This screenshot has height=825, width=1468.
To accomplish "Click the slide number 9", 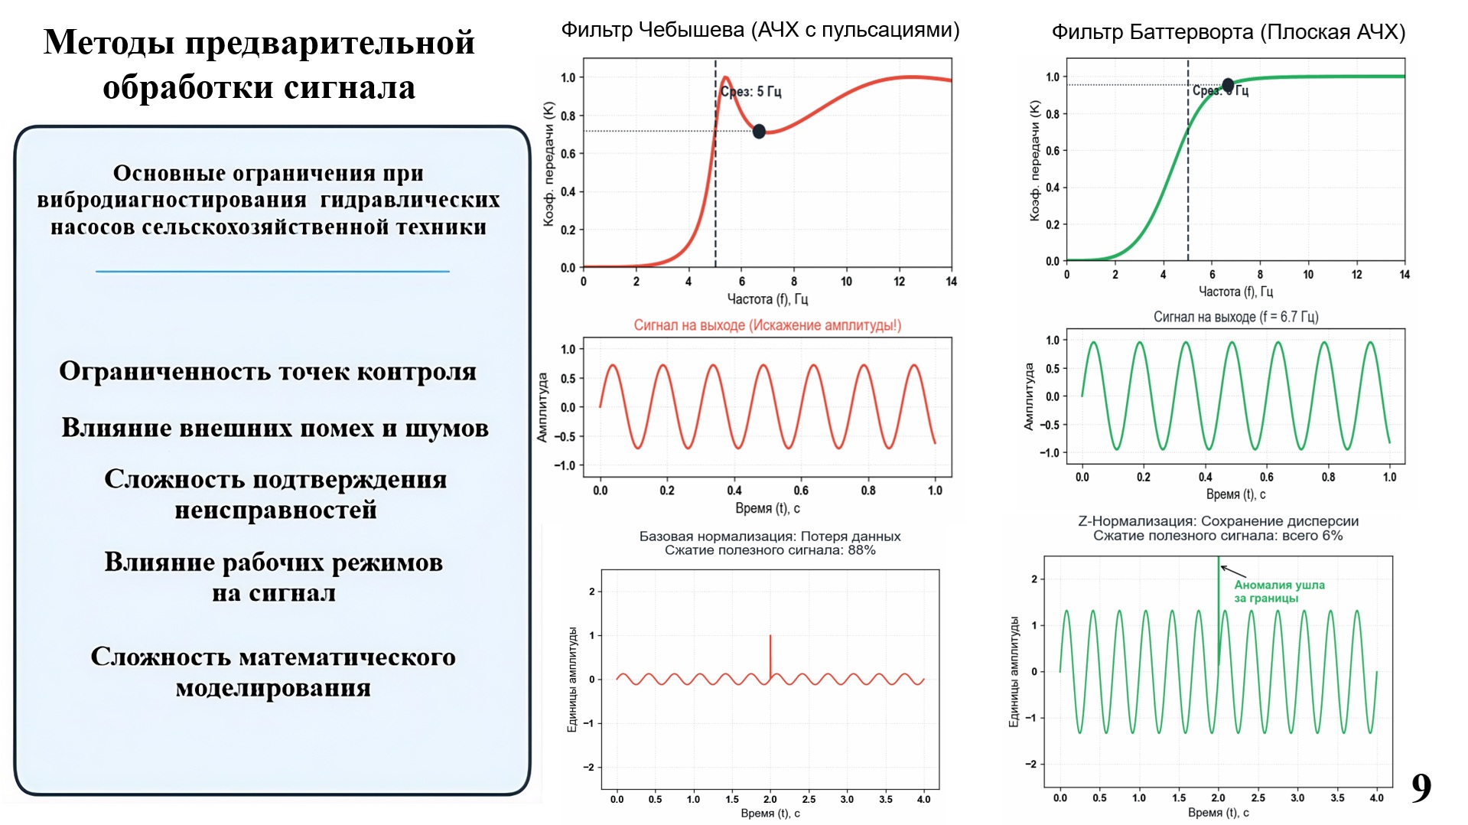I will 1421,787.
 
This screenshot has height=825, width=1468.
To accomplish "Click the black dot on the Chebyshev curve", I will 759,132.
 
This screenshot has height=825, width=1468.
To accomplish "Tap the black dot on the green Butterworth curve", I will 1227,85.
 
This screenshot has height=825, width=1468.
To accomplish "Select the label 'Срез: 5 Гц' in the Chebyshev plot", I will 752,92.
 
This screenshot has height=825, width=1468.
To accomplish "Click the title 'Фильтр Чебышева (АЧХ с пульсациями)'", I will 760,30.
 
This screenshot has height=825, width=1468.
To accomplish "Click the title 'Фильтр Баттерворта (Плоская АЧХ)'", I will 1228,32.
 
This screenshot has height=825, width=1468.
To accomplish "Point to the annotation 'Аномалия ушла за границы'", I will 1278,592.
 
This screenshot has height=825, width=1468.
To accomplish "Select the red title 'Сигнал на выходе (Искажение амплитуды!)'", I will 767,325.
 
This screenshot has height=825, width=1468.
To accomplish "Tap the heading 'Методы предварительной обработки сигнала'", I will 259,64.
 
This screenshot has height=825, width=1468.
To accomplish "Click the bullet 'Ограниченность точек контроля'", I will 268,371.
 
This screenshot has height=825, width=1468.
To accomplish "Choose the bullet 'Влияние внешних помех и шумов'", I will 275,428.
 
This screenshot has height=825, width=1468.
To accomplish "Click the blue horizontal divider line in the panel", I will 272,272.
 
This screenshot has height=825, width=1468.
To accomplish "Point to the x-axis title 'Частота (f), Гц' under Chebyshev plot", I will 767,299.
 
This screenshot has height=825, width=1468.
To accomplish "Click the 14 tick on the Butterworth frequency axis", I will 1405,275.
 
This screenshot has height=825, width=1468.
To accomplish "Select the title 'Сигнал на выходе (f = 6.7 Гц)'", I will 1235,317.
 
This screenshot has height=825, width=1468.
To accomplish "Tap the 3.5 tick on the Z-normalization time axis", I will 1337,797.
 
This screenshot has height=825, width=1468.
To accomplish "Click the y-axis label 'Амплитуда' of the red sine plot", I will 542,407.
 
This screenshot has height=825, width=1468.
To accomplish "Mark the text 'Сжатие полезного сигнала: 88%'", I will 770,550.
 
